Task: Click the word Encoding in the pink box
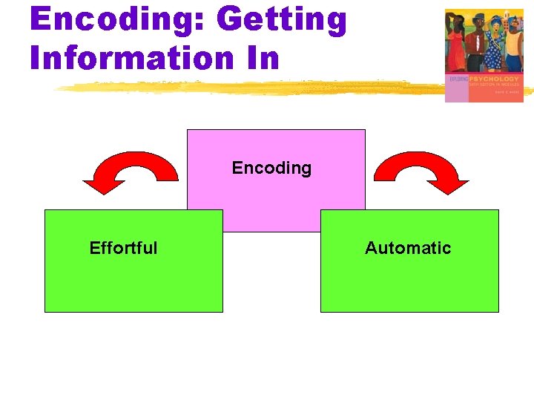point(271,168)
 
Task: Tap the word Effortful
point(123,248)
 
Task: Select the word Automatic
point(408,248)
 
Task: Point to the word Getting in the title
point(281,20)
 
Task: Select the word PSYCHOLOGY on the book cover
point(495,79)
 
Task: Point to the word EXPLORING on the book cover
point(458,79)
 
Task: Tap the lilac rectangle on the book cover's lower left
point(455,92)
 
